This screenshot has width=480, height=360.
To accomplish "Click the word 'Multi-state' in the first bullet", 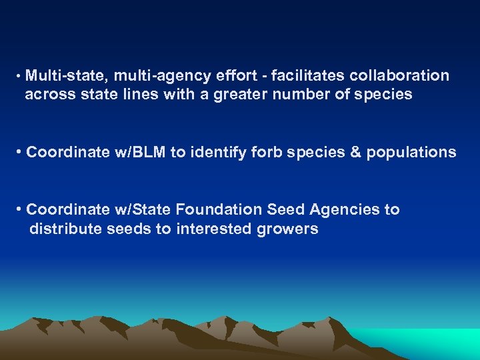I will click(x=65, y=76).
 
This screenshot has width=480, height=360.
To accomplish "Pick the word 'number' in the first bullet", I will click(x=299, y=95).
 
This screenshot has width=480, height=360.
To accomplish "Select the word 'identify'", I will click(x=219, y=152).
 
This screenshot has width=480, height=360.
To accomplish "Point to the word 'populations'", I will click(x=411, y=152).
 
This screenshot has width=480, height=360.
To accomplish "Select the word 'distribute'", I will click(x=61, y=229).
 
